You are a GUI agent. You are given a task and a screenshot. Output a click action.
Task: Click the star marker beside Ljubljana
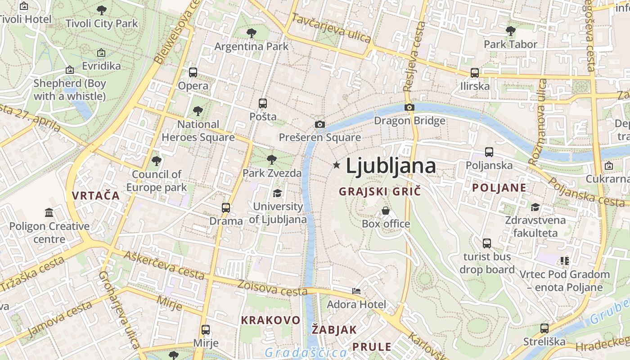click(336, 165)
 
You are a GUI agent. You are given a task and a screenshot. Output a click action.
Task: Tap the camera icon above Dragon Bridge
click(409, 107)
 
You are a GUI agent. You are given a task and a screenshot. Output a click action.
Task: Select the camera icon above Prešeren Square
click(320, 124)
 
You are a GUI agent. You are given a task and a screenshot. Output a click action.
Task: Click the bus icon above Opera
click(193, 72)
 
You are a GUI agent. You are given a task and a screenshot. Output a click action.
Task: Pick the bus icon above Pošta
click(263, 103)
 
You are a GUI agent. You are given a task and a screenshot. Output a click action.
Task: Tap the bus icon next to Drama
click(226, 207)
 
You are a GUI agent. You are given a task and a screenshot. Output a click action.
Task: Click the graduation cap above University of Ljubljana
click(277, 193)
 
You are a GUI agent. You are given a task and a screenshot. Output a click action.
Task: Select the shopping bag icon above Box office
click(386, 210)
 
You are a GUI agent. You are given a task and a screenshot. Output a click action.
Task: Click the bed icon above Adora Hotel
click(356, 291)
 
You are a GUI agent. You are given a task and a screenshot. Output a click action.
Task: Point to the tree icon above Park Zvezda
click(271, 159)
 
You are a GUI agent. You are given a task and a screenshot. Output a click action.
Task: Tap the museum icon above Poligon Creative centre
click(49, 212)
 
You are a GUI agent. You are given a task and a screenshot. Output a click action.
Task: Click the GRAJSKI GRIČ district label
click(380, 191)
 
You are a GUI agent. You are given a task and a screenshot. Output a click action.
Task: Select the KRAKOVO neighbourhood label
click(270, 320)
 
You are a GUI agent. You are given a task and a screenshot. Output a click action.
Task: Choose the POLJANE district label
click(499, 188)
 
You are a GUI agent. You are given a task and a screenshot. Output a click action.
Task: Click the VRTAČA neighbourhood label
click(95, 195)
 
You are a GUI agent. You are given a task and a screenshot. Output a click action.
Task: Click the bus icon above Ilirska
click(474, 72)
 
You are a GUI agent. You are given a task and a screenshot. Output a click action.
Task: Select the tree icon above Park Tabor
click(510, 31)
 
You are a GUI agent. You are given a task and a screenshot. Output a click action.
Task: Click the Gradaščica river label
click(306, 352)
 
